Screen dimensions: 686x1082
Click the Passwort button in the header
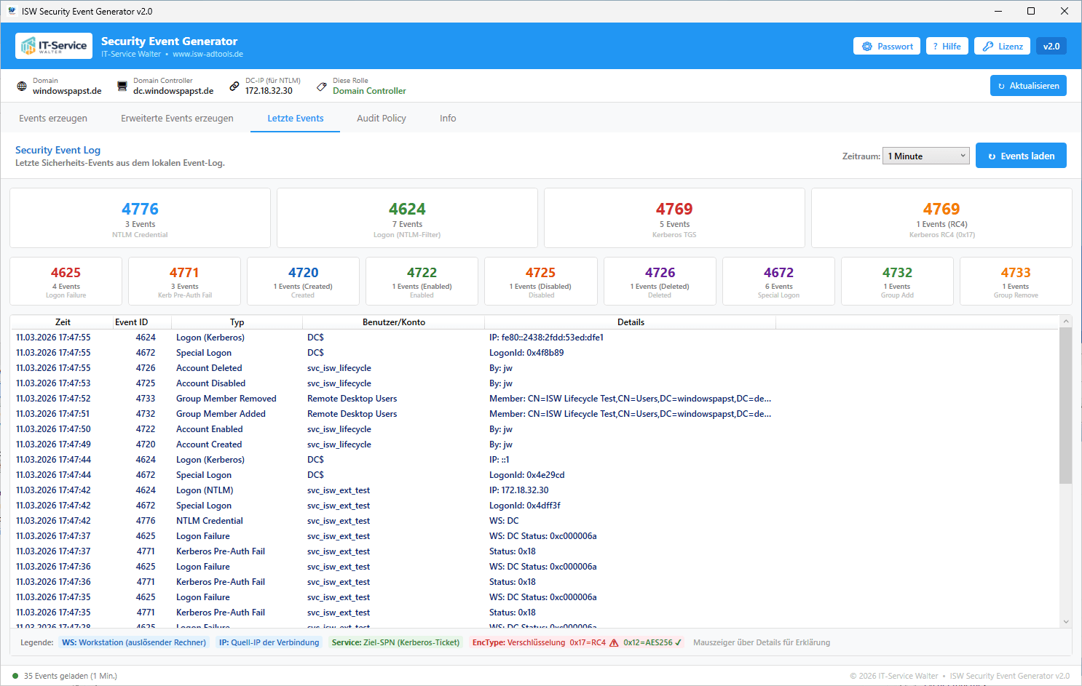point(887,47)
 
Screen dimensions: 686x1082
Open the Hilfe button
point(947,47)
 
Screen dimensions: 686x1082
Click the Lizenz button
point(1002,47)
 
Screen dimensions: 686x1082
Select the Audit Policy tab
point(381,119)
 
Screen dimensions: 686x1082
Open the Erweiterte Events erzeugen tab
point(177,119)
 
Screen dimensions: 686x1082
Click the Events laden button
point(1021,156)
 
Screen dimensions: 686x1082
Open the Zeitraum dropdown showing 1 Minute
point(925,156)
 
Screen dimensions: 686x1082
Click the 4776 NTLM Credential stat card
point(140,218)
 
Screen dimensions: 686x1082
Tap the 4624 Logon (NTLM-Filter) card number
point(407,210)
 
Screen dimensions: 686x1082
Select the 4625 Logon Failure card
point(66,281)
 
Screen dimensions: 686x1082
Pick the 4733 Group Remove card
point(1016,281)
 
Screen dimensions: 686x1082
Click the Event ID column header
point(132,322)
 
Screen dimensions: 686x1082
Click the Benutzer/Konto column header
point(393,322)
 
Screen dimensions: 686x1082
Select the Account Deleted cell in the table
point(209,368)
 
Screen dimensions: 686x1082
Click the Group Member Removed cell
point(226,399)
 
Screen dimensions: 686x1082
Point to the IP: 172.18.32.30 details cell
point(519,490)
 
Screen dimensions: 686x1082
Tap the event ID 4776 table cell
point(146,521)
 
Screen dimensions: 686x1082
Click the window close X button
point(1065,11)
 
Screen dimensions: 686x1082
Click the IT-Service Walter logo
point(54,46)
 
